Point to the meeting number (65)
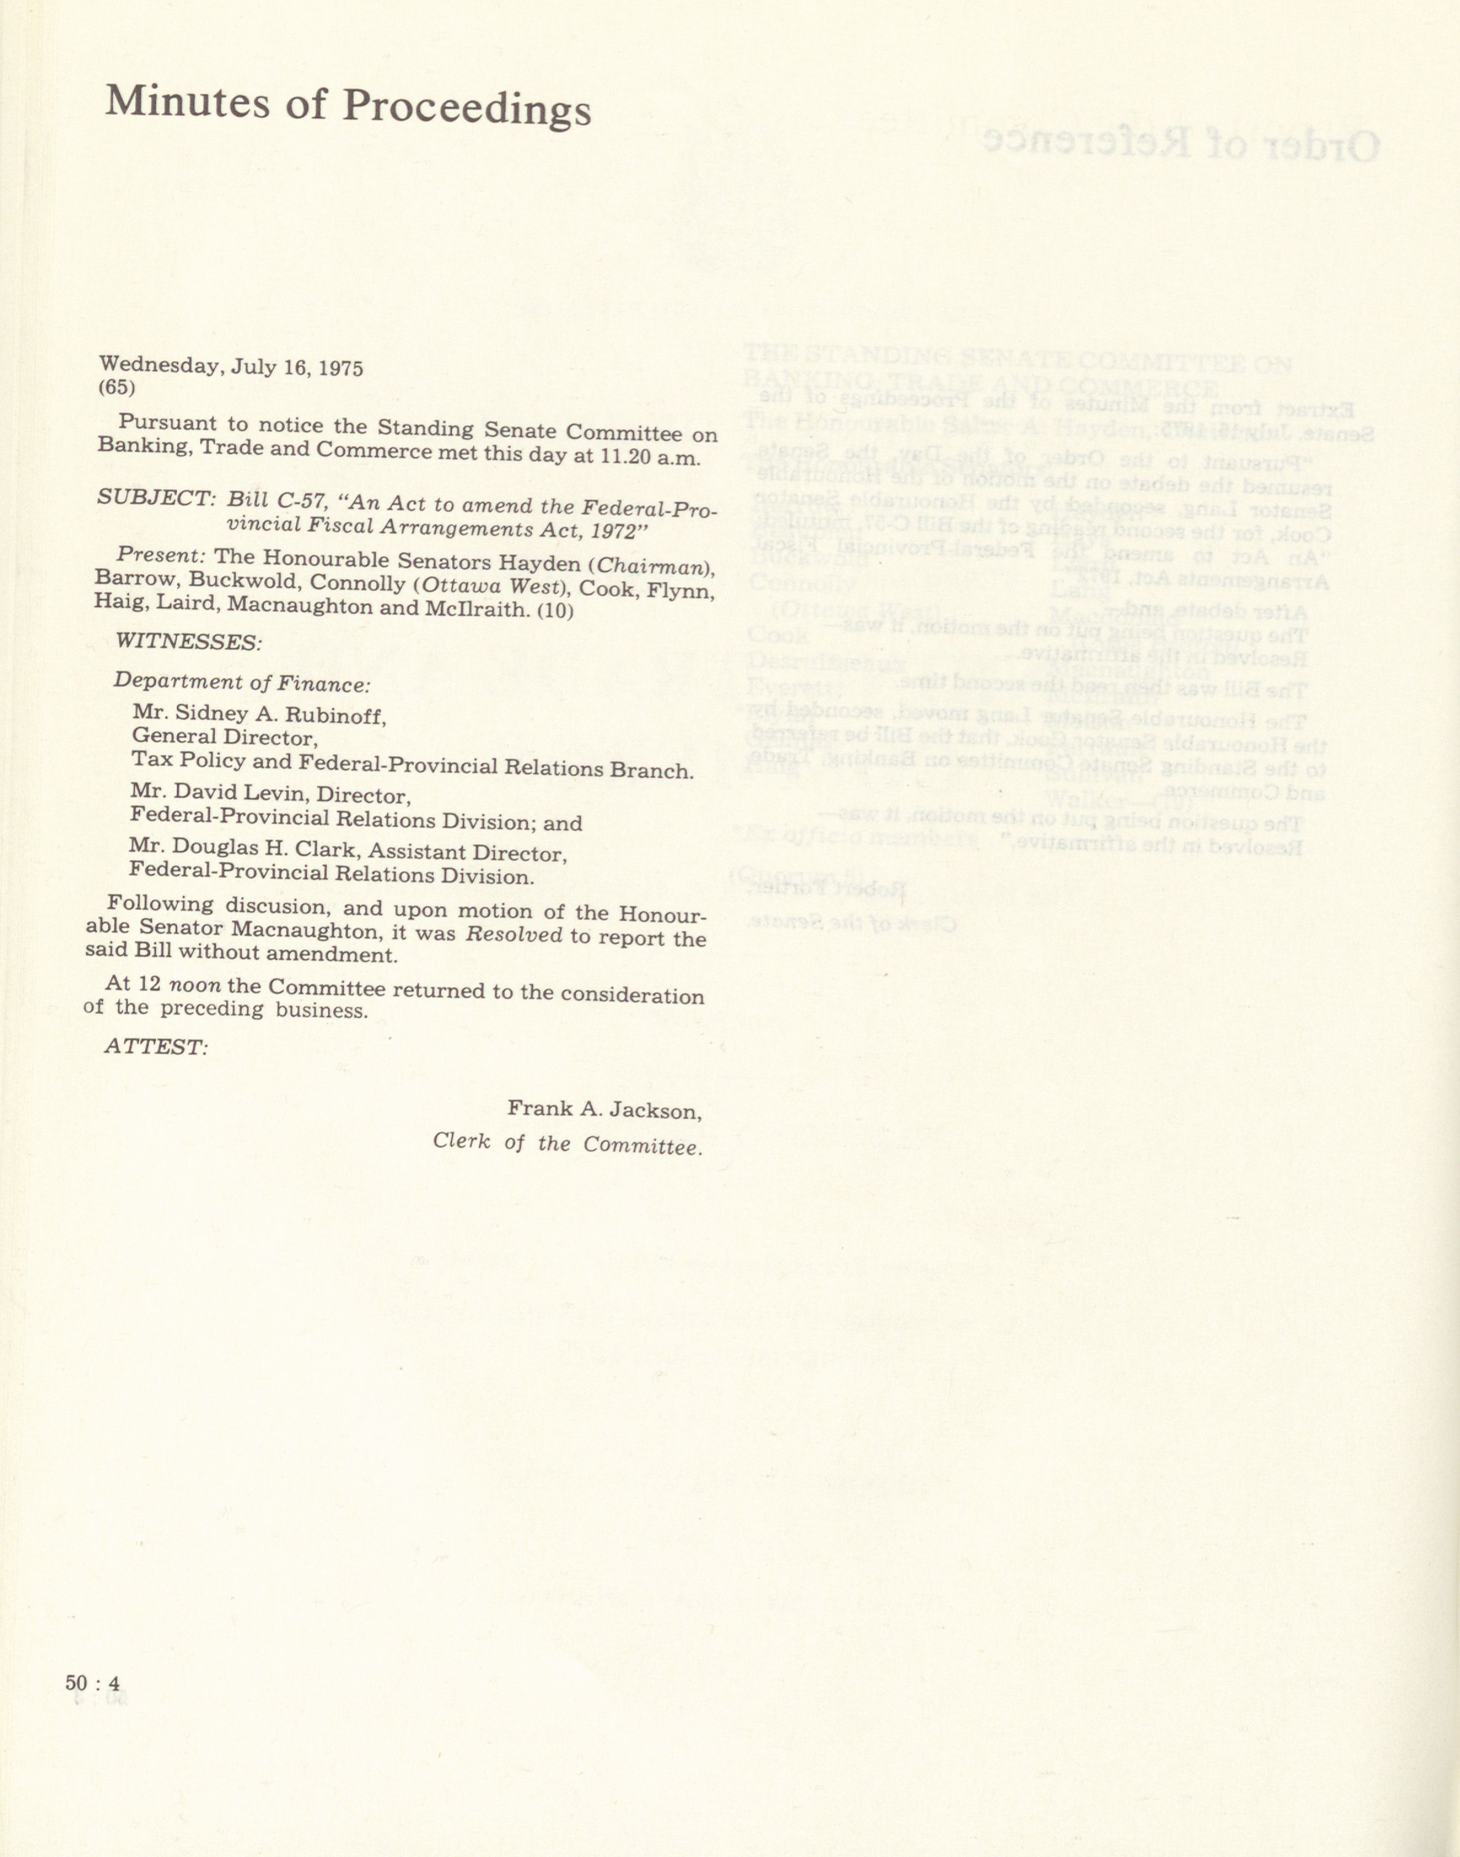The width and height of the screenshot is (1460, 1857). [x=117, y=387]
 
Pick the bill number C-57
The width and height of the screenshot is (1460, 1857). [x=299, y=502]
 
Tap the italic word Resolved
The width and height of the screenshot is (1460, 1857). [x=513, y=934]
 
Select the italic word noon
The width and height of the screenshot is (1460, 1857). [x=195, y=984]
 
